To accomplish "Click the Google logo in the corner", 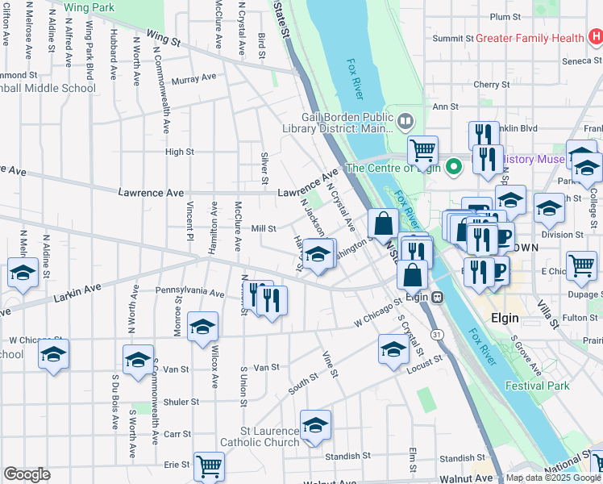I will coord(27,474).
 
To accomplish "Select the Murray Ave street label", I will coord(194,78).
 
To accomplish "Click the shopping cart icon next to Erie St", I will coord(209,465).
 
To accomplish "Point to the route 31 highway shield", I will coord(436,334).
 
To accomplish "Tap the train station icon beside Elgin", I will coord(437,296).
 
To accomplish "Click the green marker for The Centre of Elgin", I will coord(454,168).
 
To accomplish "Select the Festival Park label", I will coord(537,386).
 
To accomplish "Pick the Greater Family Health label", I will coord(530,38).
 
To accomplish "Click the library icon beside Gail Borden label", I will coord(405,123).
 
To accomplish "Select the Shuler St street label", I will coord(181,402).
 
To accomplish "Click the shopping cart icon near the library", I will coord(422,149).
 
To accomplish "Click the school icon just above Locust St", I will coord(393,348).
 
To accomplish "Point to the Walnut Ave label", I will coord(331,482).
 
